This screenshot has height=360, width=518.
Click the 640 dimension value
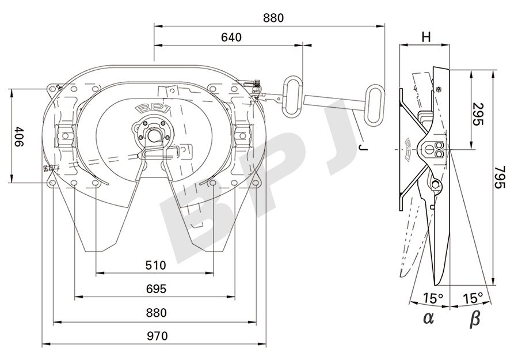(x=231, y=37)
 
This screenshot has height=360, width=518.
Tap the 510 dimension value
(x=155, y=266)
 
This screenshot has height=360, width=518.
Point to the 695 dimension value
(x=155, y=289)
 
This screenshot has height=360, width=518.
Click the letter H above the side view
(x=425, y=37)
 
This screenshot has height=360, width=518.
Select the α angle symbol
(x=427, y=317)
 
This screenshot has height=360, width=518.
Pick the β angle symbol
(x=474, y=318)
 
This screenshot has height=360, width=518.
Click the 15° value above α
(x=433, y=298)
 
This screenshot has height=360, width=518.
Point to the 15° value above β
(x=473, y=298)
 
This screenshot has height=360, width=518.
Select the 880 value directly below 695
(x=155, y=313)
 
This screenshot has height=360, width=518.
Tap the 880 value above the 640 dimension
(x=273, y=18)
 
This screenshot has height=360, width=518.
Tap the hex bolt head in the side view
(x=439, y=89)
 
